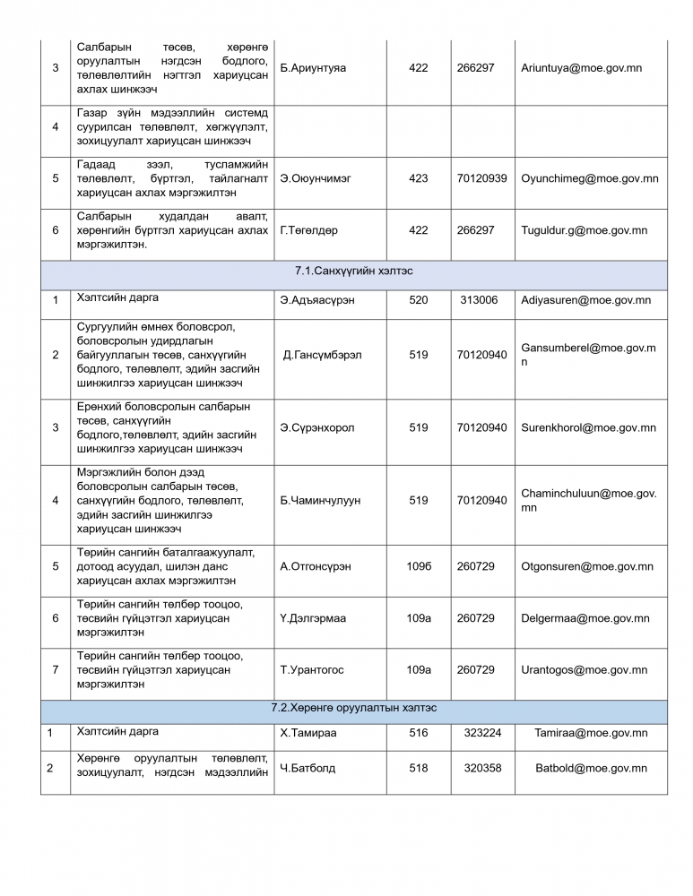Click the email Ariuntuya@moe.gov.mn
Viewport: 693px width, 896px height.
point(581,68)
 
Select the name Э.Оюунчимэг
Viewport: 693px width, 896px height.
point(316,178)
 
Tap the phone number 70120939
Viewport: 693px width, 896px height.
point(481,178)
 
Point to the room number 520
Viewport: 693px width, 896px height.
point(419,300)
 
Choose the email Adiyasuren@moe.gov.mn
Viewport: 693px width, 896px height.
point(586,300)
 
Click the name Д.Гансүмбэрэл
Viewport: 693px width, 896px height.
point(322,355)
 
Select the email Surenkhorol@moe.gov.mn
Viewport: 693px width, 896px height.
point(588,427)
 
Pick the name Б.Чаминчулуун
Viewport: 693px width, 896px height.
point(320,500)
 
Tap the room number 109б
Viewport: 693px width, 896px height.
point(419,566)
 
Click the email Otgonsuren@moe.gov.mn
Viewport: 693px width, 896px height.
point(587,566)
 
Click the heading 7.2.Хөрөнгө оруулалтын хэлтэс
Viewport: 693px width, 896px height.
point(354,708)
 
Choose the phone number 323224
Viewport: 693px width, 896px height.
point(482,733)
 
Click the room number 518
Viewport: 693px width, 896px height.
point(419,768)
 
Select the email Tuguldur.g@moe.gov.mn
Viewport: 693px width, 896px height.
point(584,230)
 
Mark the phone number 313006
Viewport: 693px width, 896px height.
point(479,300)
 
